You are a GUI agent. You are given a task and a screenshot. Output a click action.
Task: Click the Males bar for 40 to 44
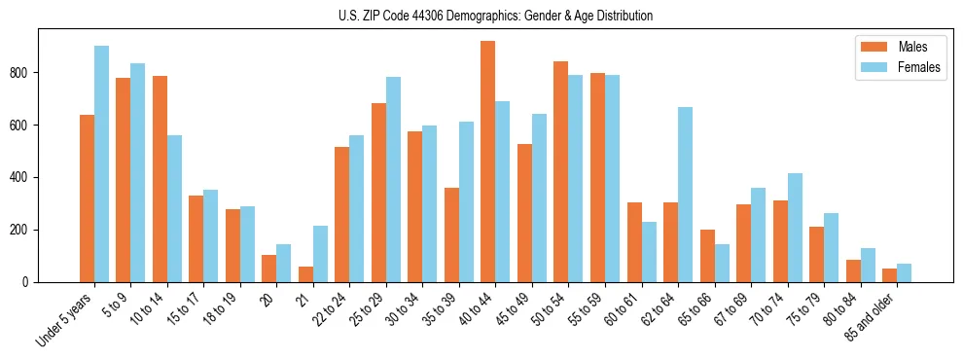click(x=488, y=162)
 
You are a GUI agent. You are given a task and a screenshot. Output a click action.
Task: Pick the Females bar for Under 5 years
click(x=101, y=163)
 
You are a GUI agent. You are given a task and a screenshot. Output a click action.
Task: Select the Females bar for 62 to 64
click(x=685, y=195)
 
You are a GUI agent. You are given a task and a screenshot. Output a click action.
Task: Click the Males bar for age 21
click(x=305, y=274)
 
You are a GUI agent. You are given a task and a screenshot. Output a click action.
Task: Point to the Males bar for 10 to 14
click(x=160, y=179)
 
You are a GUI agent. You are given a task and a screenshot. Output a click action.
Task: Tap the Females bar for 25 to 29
click(x=393, y=179)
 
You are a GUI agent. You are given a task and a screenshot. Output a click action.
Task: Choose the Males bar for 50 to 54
click(x=561, y=171)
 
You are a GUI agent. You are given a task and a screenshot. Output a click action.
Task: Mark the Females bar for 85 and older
click(x=904, y=272)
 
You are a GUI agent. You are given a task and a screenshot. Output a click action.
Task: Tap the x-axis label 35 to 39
click(x=434, y=310)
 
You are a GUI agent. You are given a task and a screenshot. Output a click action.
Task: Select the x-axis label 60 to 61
click(x=617, y=310)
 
